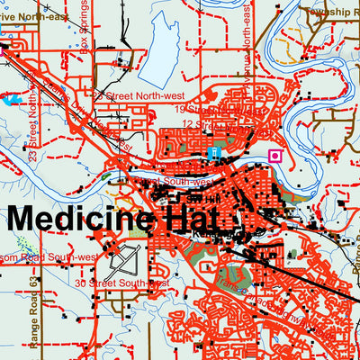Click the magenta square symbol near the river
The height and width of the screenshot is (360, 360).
pyautogui.click(x=275, y=155)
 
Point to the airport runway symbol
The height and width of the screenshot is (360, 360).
pyautogui.click(x=122, y=263)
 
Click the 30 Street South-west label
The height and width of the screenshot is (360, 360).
pyautogui.click(x=121, y=283)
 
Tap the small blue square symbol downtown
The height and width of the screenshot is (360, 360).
pyautogui.click(x=212, y=154)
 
